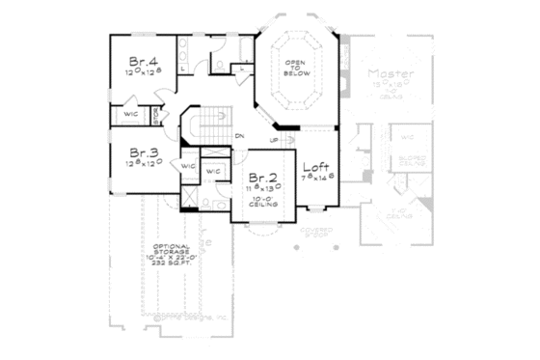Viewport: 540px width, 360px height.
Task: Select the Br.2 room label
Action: (x=263, y=179)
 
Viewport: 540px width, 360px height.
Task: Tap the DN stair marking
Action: (x=240, y=135)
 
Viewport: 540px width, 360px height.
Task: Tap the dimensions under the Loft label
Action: (x=317, y=179)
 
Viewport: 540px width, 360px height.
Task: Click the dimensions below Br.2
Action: (x=263, y=191)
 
